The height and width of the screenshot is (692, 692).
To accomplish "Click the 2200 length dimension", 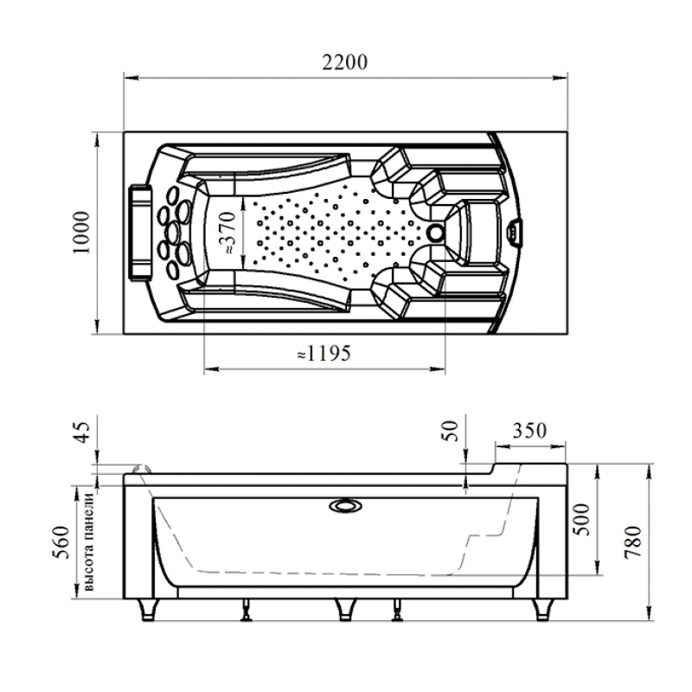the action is tap(344, 62).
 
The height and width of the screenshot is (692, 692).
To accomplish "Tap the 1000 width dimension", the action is tap(81, 233).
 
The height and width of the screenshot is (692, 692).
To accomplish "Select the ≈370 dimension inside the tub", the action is tap(229, 233).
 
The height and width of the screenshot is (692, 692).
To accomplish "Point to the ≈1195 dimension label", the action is tap(324, 353).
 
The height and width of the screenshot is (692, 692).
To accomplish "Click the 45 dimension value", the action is tap(82, 432).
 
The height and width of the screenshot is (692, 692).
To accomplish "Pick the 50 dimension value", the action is tap(450, 431).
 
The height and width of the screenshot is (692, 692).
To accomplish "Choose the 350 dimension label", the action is tap(529, 430).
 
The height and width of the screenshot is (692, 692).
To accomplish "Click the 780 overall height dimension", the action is tap(632, 542).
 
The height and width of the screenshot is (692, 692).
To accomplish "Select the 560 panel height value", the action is tap(61, 542).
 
